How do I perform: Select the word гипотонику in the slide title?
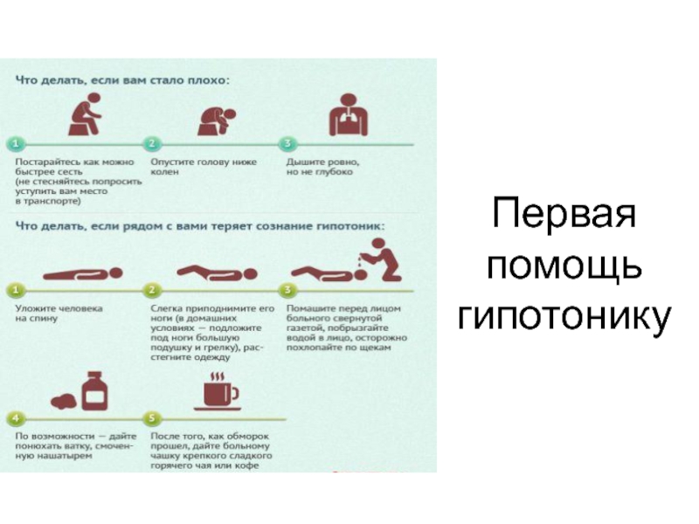pos(564,315)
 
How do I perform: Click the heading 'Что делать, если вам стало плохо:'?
pos(121,79)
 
